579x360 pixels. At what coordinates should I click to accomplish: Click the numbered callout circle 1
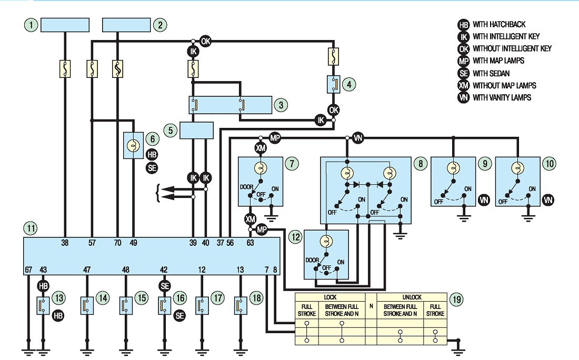pos(32,25)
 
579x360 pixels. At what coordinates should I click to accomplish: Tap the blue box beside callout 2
pos(126,25)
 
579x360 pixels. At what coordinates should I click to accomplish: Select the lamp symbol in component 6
pos(133,146)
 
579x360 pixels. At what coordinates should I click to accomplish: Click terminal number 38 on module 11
pos(65,243)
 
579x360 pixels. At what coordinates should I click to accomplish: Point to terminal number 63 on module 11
pos(251,243)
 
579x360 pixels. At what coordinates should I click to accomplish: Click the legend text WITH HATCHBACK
pos(499,24)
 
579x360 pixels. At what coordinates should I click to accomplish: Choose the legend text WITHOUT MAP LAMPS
pos(504,86)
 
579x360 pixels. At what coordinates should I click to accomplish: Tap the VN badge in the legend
pos(463,98)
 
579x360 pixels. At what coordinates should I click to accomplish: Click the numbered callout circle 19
pos(457,299)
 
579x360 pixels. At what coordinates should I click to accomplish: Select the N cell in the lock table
pos(371,306)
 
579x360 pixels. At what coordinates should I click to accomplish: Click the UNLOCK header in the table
pos(412,297)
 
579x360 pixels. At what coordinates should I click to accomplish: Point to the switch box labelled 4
pos(333,85)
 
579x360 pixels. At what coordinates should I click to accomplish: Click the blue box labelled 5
pos(196,131)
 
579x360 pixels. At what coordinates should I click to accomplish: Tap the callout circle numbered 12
pos(295,237)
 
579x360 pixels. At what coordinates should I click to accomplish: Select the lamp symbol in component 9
pos(452,168)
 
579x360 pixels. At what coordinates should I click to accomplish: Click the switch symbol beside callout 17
pos(202,306)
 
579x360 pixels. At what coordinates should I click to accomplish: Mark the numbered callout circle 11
pos(31,228)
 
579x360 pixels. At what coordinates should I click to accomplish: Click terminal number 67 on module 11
pos(28,270)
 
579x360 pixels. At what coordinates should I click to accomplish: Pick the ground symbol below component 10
pos(529,218)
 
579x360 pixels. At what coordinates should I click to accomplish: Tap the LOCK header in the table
pos(330,297)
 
